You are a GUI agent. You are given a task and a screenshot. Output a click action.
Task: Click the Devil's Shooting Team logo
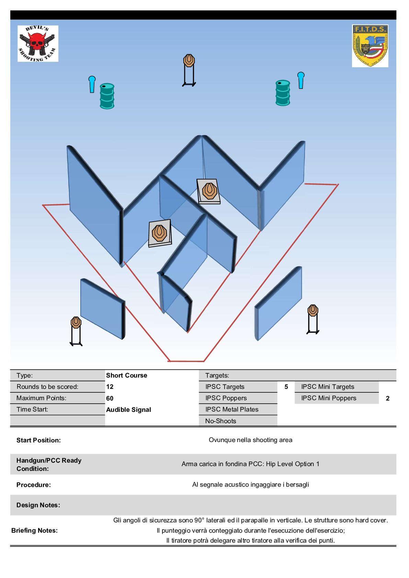click(38, 44)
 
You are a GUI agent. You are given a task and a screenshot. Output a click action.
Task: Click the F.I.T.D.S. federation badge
click(370, 46)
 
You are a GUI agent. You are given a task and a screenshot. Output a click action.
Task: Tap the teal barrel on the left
click(107, 96)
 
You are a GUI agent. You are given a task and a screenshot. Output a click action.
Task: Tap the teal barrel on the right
click(283, 93)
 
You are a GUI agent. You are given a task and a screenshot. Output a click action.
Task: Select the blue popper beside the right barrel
click(301, 80)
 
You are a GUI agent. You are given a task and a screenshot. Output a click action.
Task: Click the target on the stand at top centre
click(189, 61)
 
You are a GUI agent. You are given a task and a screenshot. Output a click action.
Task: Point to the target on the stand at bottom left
click(76, 323)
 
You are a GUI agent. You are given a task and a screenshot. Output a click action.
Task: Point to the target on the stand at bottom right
click(313, 310)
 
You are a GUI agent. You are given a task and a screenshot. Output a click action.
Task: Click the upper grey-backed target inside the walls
click(209, 191)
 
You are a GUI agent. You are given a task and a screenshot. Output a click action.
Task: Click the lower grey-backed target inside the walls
click(160, 233)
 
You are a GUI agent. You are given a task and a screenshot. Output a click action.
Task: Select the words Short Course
click(126, 375)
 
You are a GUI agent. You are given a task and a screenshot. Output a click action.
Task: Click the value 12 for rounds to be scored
click(110, 386)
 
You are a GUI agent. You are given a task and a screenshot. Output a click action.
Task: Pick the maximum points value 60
click(110, 398)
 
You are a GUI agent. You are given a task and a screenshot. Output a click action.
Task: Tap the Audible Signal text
click(128, 409)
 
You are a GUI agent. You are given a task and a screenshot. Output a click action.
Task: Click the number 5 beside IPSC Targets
click(286, 386)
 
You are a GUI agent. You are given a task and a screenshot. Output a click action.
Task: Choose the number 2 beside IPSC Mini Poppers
click(387, 398)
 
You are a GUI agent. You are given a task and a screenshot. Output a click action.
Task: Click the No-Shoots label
click(220, 421)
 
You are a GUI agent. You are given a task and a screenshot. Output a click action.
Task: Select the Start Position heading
click(38, 440)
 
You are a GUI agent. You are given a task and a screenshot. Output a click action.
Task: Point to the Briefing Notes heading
click(34, 530)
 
